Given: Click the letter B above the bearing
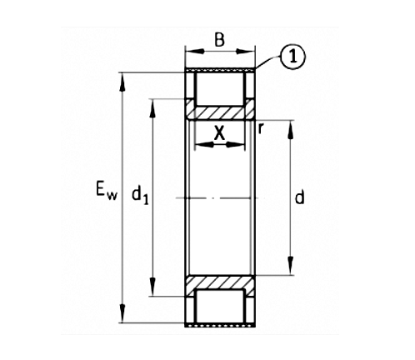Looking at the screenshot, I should point(220,39).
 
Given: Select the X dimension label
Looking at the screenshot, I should point(219,132).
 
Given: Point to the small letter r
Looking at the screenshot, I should point(262,127).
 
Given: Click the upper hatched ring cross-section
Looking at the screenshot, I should point(220,111).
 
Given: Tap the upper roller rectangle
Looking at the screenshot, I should point(220,86).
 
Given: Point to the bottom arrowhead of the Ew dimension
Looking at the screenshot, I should point(123,317).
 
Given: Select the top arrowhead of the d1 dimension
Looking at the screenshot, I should point(152,103).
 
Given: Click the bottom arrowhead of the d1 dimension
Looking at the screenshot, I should point(152,291).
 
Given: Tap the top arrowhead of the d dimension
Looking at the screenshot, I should point(291,125).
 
